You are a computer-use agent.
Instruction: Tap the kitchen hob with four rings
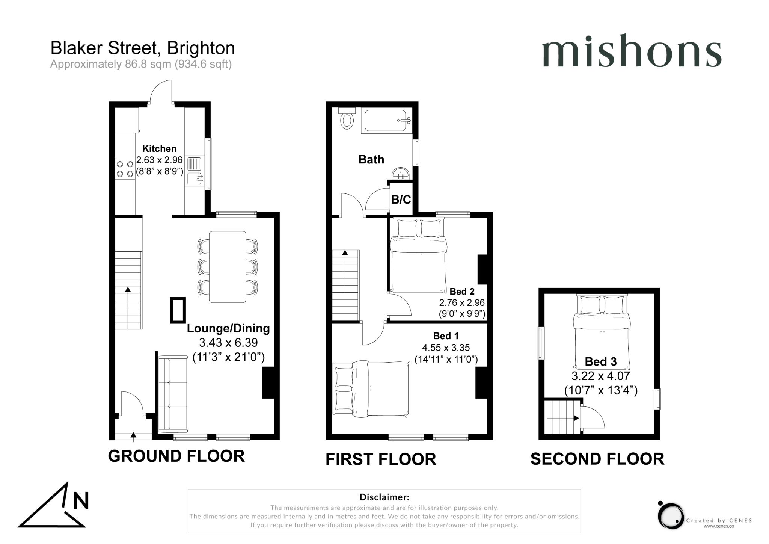point(125,169)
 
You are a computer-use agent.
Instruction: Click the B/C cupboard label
point(401,199)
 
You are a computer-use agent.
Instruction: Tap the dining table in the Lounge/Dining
point(228,267)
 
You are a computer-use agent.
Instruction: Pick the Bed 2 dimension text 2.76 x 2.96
point(462,302)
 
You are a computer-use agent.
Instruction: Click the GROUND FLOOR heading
point(176,456)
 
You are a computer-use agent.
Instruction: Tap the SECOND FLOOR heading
point(597,459)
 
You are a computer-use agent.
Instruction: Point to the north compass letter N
point(81,500)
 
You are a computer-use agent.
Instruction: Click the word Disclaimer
point(384,497)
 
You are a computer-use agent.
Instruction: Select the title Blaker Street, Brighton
point(143,48)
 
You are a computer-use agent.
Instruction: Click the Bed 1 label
point(445,336)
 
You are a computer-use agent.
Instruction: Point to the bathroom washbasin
point(401,174)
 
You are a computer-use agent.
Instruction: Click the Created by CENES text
point(719,520)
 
